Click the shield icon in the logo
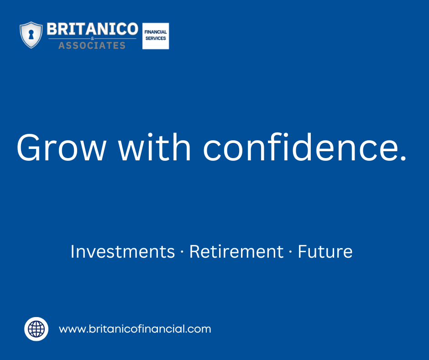pyautogui.click(x=31, y=35)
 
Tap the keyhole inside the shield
pyautogui.click(x=31, y=35)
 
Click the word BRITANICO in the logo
pyautogui.click(x=92, y=29)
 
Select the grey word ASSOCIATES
pyautogui.click(x=92, y=45)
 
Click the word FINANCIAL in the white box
pyautogui.click(x=156, y=32)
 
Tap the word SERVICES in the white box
pyautogui.click(x=156, y=39)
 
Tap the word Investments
pyautogui.click(x=122, y=252)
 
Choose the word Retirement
pyautogui.click(x=236, y=252)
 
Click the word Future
pyautogui.click(x=325, y=252)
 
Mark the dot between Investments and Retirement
pyautogui.click(x=182, y=253)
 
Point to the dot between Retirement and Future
pyautogui.click(x=291, y=253)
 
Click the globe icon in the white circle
pyautogui.click(x=36, y=329)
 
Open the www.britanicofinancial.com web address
pyautogui.click(x=135, y=329)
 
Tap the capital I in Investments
pyautogui.click(x=73, y=252)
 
